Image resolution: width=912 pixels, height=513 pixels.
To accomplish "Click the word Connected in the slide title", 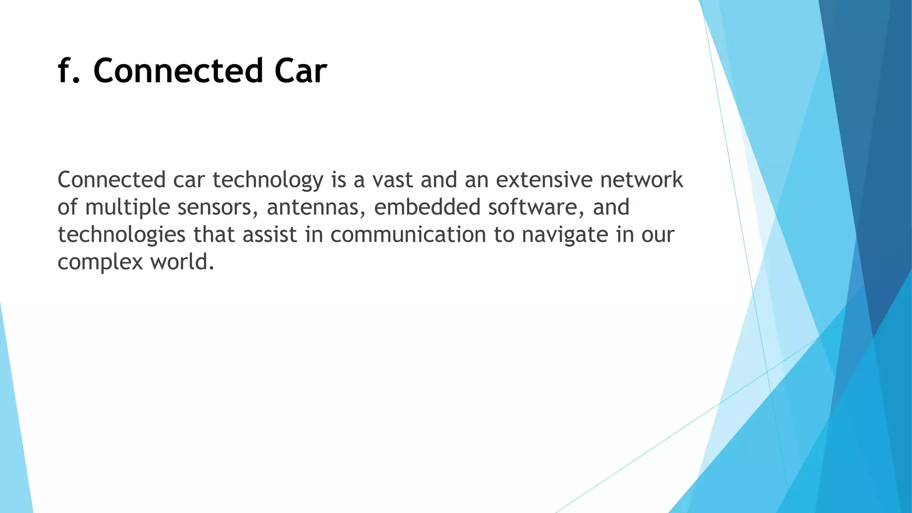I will pyautogui.click(x=178, y=71).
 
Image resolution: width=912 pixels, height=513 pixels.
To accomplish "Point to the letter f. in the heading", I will pyautogui.click(x=69, y=71).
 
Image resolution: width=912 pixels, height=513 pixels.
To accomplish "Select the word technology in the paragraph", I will pyautogui.click(x=268, y=180).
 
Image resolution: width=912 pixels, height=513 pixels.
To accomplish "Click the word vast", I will pyautogui.click(x=392, y=180).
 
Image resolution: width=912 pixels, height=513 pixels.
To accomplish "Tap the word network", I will pyautogui.click(x=641, y=180).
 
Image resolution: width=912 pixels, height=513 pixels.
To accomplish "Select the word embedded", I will pyautogui.click(x=427, y=208).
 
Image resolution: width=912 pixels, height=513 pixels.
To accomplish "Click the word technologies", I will pyautogui.click(x=121, y=235).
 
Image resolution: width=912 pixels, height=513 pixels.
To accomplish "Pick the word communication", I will pyautogui.click(x=408, y=235).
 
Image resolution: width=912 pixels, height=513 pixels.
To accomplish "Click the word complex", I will pyautogui.click(x=100, y=262).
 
